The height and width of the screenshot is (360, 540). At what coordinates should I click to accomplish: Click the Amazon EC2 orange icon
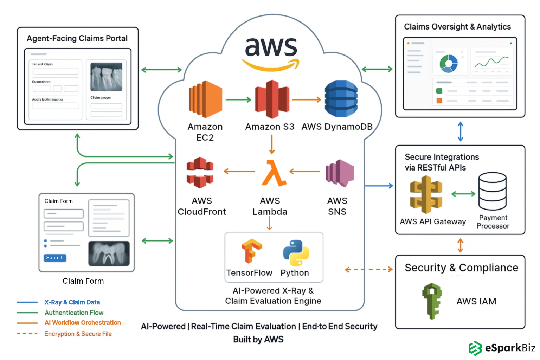tap(205, 99)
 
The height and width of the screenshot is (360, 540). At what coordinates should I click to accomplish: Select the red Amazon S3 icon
tap(272, 99)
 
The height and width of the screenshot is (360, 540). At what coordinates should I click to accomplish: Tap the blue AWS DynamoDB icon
tap(341, 98)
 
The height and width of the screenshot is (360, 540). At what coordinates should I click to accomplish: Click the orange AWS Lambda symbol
tap(273, 173)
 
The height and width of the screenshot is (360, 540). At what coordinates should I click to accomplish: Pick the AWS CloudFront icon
tap(200, 172)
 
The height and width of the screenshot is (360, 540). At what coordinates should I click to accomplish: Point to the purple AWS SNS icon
tap(339, 173)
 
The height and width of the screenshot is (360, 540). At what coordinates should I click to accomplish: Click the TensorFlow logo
tap(251, 251)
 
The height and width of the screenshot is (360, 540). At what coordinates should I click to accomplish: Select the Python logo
tap(296, 253)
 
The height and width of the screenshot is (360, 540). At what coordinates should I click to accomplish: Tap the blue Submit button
tap(55, 258)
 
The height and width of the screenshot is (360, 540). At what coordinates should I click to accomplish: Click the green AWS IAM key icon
tap(432, 301)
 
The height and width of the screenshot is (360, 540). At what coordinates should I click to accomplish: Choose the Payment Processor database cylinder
tap(492, 191)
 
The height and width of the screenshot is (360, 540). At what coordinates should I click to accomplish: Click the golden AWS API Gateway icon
tap(426, 194)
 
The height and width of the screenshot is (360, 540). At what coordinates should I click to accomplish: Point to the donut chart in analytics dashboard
tap(449, 63)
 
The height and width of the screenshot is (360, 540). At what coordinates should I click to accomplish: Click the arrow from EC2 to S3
tap(238, 100)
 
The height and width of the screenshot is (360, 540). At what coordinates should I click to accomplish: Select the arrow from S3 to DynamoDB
tap(306, 100)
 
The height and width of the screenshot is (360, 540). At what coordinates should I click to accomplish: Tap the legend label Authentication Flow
tap(74, 313)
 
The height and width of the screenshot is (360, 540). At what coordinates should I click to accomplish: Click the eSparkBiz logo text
tap(510, 348)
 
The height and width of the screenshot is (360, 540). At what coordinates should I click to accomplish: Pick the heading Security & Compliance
tap(461, 268)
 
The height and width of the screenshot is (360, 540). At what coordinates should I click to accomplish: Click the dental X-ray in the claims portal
tap(106, 77)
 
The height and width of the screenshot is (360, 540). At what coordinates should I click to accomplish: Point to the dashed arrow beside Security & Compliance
tap(368, 270)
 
